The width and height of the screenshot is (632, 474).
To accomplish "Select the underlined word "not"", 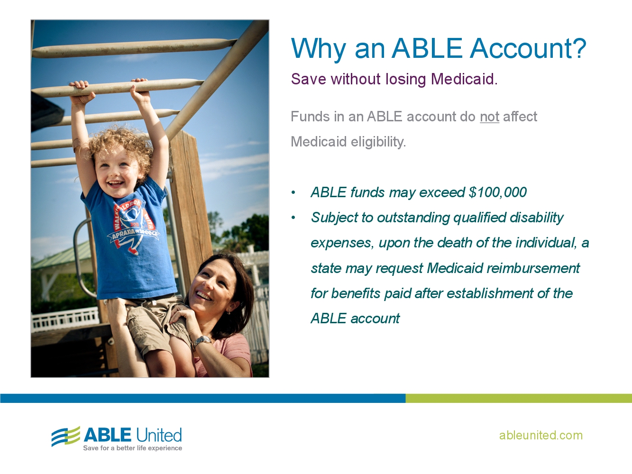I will click(x=489, y=117).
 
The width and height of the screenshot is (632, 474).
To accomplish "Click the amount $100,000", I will click(x=497, y=192).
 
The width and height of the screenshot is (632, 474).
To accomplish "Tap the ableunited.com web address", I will click(x=540, y=435).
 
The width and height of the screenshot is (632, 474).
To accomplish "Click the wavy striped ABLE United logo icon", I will click(x=65, y=436).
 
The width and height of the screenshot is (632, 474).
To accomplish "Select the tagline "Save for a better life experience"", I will click(x=132, y=448).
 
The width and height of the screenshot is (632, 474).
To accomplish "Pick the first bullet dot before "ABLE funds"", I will click(x=293, y=193).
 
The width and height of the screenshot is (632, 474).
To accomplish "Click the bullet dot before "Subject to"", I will click(x=293, y=218).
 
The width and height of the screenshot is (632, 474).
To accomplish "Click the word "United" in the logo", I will click(x=159, y=435).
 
